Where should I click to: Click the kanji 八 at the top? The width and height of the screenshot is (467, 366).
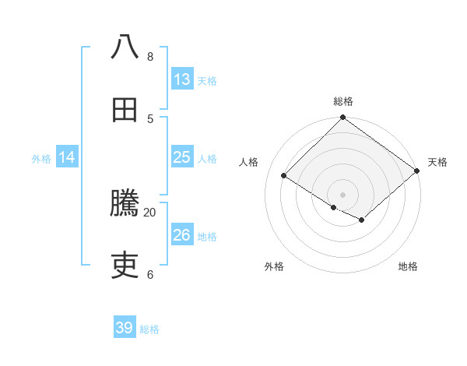(x=125, y=47)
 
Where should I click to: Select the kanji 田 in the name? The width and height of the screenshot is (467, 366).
(x=125, y=110)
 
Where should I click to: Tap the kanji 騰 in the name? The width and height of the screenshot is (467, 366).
(x=125, y=204)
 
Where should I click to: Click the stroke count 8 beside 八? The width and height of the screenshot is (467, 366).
(x=149, y=56)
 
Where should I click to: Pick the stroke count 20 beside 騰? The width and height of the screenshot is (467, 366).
(x=149, y=212)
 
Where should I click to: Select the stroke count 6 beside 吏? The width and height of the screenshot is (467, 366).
(x=149, y=274)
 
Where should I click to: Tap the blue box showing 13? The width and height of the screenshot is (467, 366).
(x=182, y=79)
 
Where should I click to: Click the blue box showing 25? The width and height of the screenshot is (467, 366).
(x=182, y=157)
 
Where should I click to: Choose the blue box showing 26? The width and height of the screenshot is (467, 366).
(x=182, y=235)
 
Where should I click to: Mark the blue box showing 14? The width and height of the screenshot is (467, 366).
(x=67, y=157)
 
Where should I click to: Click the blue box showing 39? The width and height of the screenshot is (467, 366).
(x=125, y=328)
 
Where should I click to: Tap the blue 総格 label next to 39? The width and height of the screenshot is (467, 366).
(x=149, y=329)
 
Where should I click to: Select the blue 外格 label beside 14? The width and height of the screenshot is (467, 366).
(x=41, y=159)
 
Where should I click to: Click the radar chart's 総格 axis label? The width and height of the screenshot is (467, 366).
(x=343, y=101)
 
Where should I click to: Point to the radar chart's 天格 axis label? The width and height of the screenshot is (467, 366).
(x=437, y=162)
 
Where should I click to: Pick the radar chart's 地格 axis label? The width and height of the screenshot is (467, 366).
(x=408, y=266)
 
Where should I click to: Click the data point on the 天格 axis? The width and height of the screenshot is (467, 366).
(x=417, y=171)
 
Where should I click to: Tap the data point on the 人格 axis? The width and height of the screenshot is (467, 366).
(x=284, y=176)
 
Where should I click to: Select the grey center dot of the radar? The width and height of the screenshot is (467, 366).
(x=343, y=194)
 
